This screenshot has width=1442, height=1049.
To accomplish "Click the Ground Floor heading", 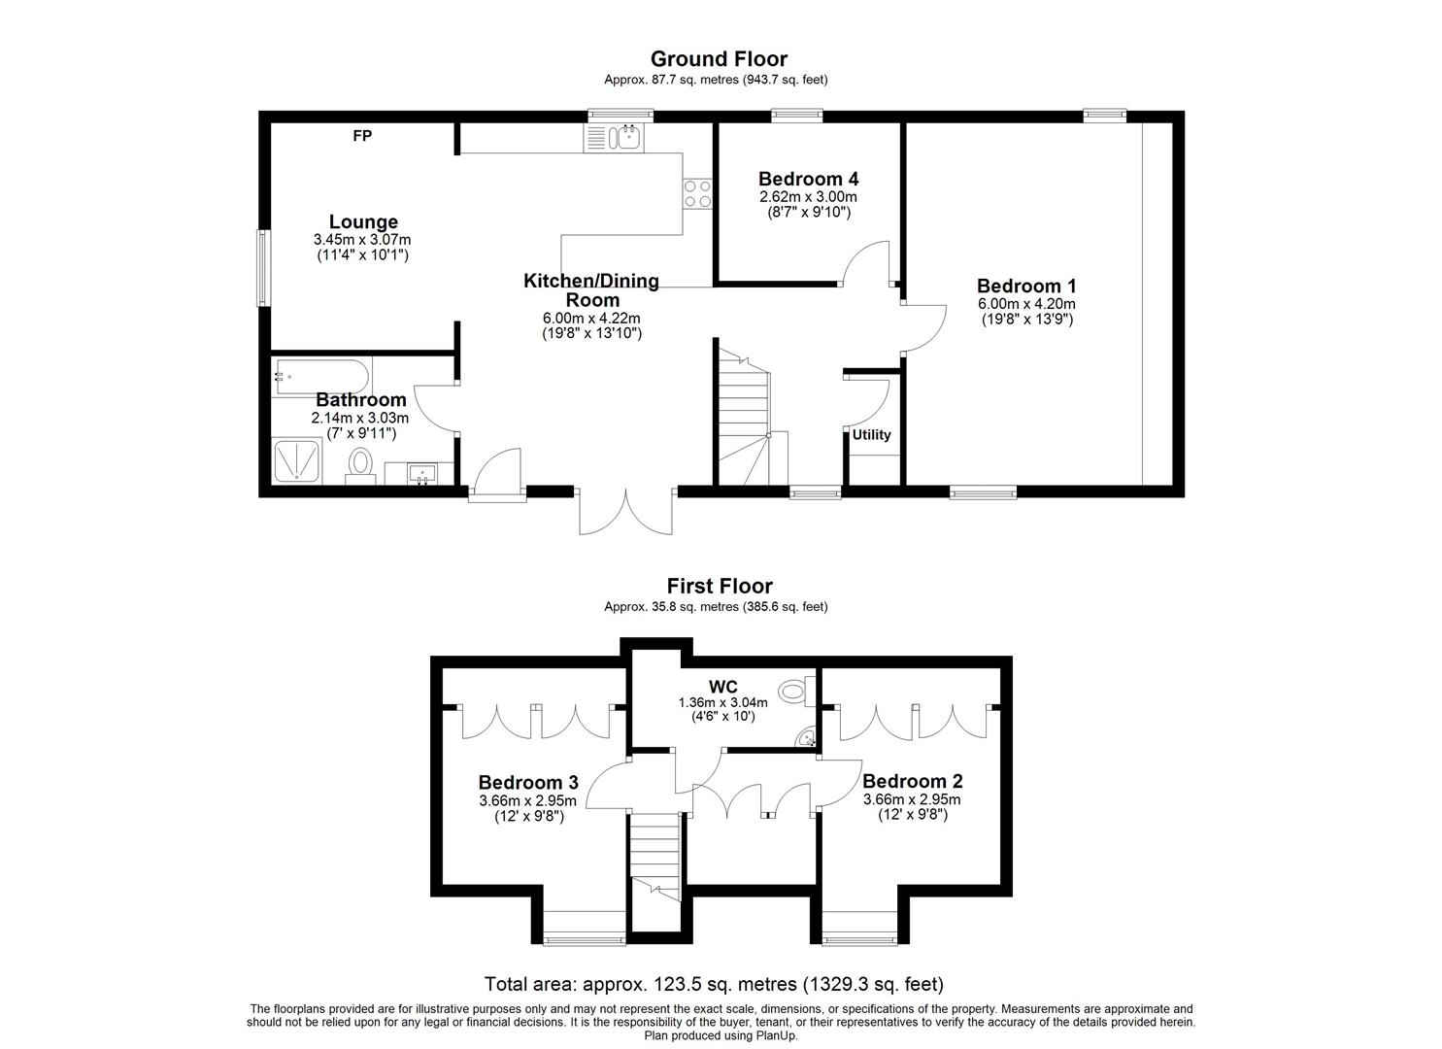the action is (x=719, y=59).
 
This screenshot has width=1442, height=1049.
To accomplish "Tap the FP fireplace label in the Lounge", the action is (x=362, y=136).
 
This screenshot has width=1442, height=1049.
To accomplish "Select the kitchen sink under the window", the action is (x=614, y=137).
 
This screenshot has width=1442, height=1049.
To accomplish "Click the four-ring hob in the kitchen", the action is (x=698, y=194).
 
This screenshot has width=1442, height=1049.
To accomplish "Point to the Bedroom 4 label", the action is (x=809, y=179).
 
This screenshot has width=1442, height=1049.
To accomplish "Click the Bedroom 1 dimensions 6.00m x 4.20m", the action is (x=1026, y=304).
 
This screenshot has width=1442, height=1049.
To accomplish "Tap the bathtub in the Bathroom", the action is (x=321, y=377).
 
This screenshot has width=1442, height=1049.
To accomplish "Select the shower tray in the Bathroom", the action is (x=297, y=460).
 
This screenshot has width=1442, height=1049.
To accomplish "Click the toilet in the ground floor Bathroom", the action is (x=360, y=464).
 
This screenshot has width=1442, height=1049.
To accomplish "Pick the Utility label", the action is (x=872, y=435).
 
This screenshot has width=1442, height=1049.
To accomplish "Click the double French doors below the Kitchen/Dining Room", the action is (x=625, y=511).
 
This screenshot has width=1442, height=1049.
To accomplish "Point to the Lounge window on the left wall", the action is (x=262, y=268).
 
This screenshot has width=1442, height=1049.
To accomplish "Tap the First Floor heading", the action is (x=720, y=586).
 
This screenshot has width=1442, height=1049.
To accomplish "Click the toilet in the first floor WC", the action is (x=797, y=693).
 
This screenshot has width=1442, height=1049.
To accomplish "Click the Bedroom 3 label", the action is (x=528, y=783).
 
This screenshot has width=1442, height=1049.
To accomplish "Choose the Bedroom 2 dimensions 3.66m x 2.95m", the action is (x=912, y=799).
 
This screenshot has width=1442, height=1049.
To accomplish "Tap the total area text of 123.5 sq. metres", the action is (x=714, y=985).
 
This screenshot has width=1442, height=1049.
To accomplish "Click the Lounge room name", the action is (x=363, y=222).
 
